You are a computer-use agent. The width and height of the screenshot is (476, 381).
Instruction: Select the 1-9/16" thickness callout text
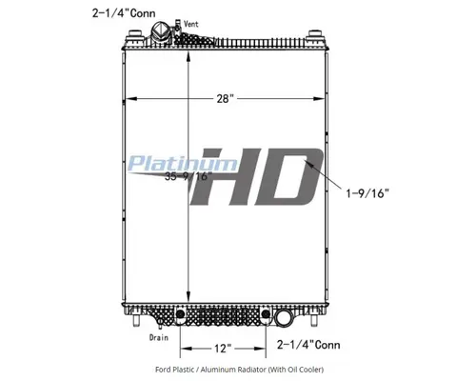[367, 192]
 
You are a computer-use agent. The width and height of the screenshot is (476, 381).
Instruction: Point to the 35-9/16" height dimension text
[185, 176]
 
